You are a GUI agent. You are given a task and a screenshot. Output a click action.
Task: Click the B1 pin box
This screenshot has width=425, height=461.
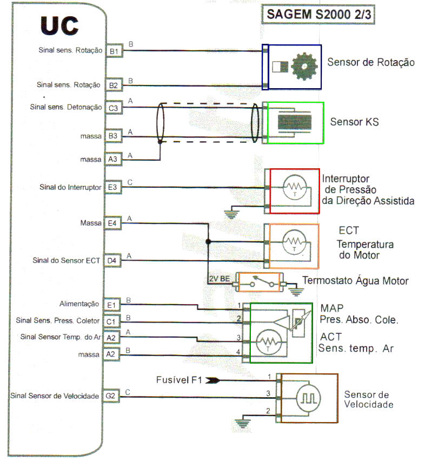114,51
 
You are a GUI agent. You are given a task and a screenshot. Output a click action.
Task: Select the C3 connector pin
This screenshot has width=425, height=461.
113,108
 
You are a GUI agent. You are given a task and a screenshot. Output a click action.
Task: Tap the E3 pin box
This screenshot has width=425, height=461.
112,188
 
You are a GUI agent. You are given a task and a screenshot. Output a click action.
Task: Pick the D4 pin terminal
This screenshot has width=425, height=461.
111,261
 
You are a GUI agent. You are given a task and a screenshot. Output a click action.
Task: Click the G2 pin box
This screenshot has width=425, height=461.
111,397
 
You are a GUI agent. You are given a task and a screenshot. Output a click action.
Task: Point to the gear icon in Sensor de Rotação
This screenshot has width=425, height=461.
303,67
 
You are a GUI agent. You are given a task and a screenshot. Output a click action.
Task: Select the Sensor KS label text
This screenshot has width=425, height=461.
354,122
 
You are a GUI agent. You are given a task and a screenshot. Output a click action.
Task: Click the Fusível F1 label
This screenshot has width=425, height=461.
180,380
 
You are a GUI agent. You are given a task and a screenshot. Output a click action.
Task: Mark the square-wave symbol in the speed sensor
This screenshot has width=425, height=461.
308,398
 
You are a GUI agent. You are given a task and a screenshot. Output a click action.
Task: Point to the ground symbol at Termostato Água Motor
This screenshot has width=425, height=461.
294,291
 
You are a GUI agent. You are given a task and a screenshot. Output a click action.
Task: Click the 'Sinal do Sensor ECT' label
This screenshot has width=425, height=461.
67,261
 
